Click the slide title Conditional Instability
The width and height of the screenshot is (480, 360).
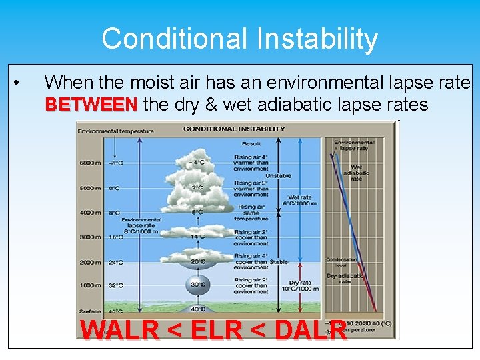click(x=239, y=39)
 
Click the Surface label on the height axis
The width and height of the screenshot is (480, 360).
click(x=91, y=311)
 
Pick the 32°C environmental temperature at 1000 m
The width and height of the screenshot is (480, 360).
click(x=115, y=286)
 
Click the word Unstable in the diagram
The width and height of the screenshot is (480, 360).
click(x=279, y=176)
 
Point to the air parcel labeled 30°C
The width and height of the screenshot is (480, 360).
click(x=198, y=284)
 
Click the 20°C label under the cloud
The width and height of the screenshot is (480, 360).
click(x=198, y=262)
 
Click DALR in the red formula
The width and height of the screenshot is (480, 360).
click(x=310, y=330)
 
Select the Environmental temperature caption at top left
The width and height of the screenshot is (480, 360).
click(x=115, y=131)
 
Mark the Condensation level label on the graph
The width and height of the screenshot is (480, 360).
click(x=341, y=262)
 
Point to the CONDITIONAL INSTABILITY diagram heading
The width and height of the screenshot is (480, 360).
click(x=229, y=129)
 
